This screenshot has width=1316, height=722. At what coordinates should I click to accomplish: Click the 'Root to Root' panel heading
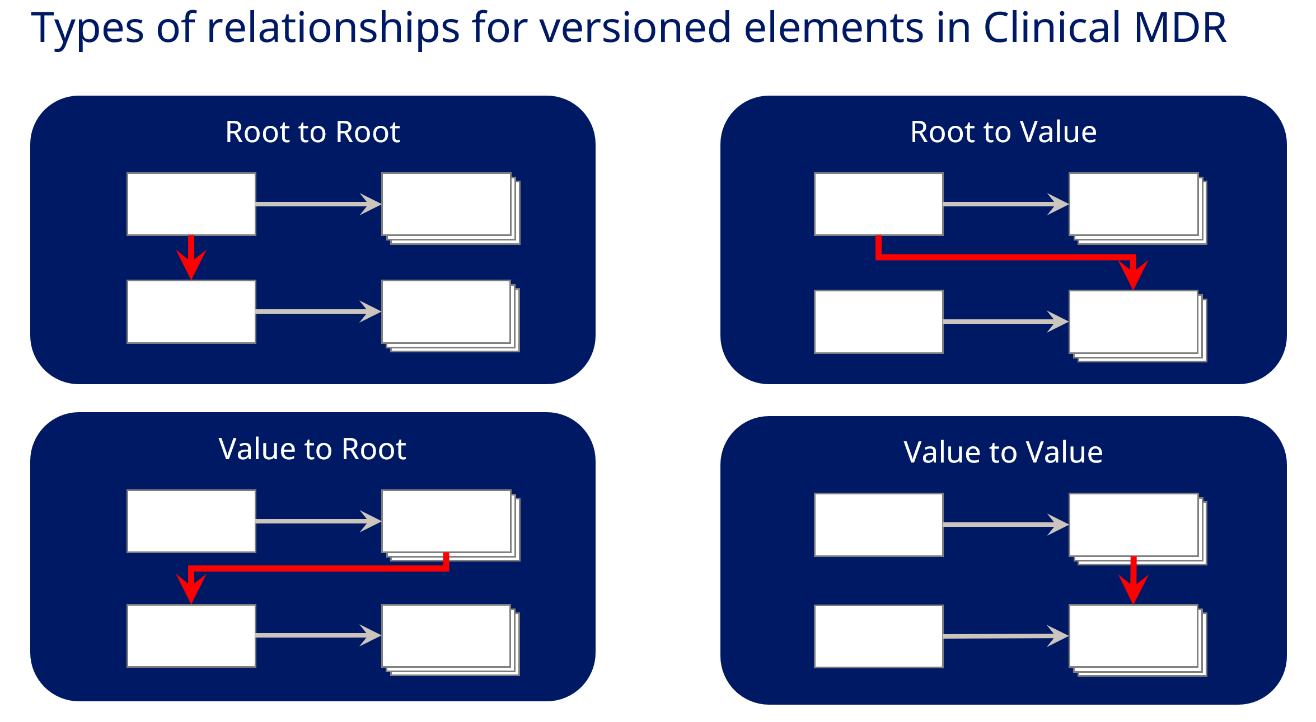pos(312,132)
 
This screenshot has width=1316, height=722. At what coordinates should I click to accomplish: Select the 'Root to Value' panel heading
pos(1003,132)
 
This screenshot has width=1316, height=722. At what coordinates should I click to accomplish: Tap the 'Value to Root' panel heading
pos(312,449)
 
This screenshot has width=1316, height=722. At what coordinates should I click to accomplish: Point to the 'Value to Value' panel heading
pos(1003,452)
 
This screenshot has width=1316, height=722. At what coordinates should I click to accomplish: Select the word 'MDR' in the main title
pos(1181,28)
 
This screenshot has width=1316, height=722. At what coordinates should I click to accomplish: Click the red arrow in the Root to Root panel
pos(191,257)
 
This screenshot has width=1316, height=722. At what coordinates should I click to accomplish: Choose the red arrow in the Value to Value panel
pos(1134,581)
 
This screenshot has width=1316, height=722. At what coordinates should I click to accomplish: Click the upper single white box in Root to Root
pos(191,204)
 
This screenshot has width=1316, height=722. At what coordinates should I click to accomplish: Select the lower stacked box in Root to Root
pos(451,316)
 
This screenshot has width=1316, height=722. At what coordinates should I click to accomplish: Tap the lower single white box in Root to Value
pos(879,322)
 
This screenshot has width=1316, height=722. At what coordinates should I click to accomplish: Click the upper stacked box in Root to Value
pos(1138,209)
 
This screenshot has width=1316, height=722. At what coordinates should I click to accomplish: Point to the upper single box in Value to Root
pos(191,521)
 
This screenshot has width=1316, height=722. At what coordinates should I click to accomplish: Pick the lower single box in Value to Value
pos(879,636)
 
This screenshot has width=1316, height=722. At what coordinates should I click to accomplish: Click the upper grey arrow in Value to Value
pos(1006,525)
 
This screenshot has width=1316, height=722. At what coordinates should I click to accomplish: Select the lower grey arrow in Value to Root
pos(319,635)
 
